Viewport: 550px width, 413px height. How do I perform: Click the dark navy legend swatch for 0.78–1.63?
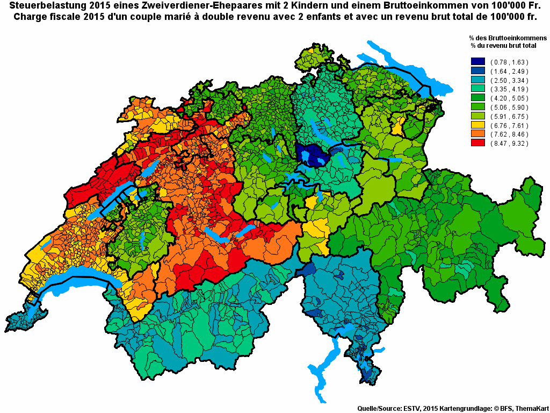[477, 62]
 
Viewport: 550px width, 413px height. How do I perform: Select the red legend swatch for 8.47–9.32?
[477, 144]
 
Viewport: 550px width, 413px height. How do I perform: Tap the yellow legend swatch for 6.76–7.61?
[477, 125]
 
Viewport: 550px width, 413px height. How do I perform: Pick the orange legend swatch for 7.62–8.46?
[477, 134]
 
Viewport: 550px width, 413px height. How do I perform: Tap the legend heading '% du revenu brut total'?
[503, 46]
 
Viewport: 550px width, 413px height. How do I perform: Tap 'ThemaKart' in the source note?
[531, 409]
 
